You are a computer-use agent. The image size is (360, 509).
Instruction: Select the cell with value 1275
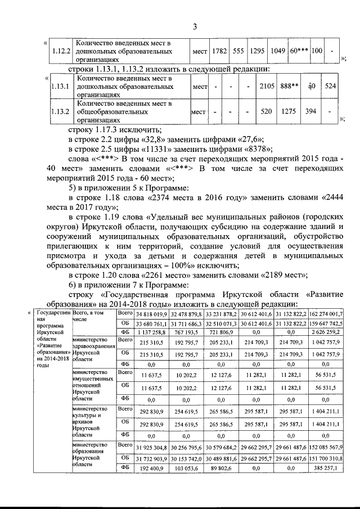pos(289,111)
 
